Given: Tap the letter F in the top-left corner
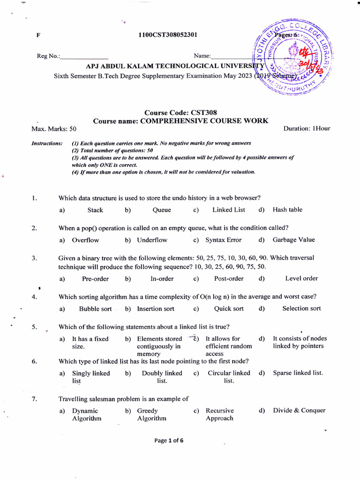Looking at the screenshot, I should coord(38,35).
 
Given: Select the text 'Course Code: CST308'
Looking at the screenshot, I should coord(180,112).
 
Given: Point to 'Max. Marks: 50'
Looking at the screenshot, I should coord(54,128).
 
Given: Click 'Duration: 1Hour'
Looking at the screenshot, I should coord(307,128).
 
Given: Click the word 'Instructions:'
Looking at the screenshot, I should coord(46,143).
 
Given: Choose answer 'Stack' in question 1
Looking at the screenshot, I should coord(95,210).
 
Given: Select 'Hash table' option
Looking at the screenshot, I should coord(287,210).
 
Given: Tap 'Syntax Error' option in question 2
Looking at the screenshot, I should coord(224,240).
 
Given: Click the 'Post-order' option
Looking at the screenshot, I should coord(229,278).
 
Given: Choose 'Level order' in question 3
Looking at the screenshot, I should coord(301,278).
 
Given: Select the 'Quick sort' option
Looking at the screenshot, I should coord(229,308).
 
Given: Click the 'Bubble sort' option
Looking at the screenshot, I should coord(95,309).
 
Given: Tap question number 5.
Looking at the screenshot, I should coord(34,327).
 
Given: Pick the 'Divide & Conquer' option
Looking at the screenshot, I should coord(299,411).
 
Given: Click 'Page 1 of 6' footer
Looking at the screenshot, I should coord(180,440).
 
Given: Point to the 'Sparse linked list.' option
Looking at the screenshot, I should coord(298,373).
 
